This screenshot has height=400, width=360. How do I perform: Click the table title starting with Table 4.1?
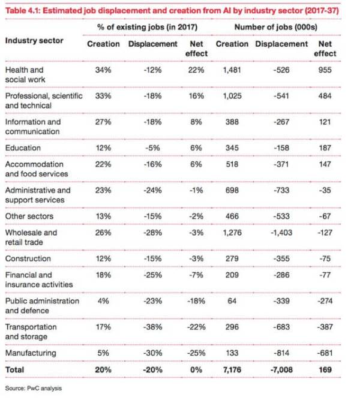coord(172,11)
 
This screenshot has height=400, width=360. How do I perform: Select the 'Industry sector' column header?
coord(34,41)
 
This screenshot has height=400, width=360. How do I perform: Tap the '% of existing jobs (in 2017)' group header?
coord(148,27)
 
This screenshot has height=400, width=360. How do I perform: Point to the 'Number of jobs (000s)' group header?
coord(276,27)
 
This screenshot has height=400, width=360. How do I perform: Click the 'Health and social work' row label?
coord(25,75)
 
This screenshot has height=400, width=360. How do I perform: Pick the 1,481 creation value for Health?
coord(232,70)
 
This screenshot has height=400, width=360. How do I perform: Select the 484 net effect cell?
coord(325,96)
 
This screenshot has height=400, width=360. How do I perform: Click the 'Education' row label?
coord(23,148)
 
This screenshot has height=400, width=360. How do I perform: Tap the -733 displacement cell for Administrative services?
coord(281,190)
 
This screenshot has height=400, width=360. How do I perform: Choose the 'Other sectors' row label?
coord(29,216)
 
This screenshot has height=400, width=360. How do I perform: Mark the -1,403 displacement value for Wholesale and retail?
coord(281,233)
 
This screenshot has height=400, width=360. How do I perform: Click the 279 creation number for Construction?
coord(232,258)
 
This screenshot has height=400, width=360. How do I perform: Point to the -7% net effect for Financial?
coord(196,275)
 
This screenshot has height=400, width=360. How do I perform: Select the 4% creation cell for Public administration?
coord(103,301)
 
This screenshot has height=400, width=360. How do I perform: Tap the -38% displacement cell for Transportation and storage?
coord(152,327)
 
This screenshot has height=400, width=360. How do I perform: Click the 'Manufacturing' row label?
coord(31,353)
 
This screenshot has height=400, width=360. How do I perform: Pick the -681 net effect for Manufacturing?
coord(325,353)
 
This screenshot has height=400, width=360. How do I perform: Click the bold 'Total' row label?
coord(14,370)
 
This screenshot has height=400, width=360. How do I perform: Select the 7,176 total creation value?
coord(232,370)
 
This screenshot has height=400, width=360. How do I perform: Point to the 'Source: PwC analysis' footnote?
coord(34,388)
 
